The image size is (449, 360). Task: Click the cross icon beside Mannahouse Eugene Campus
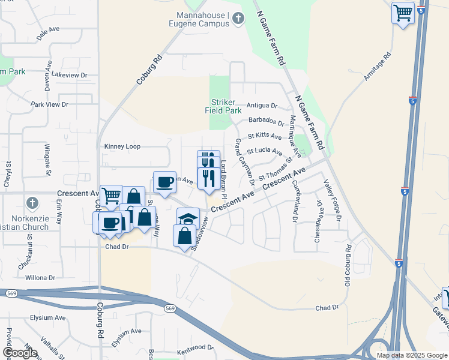238,19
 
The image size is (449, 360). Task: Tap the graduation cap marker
188,217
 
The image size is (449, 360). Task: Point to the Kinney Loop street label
122,146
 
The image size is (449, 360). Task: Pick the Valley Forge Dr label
333,200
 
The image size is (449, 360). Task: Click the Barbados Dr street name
267,122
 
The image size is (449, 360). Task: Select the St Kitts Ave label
265,137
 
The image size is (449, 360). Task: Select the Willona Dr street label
40,278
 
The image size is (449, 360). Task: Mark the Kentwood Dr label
195,347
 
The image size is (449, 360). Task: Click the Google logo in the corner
20,352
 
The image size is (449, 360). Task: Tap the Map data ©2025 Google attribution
411,355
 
